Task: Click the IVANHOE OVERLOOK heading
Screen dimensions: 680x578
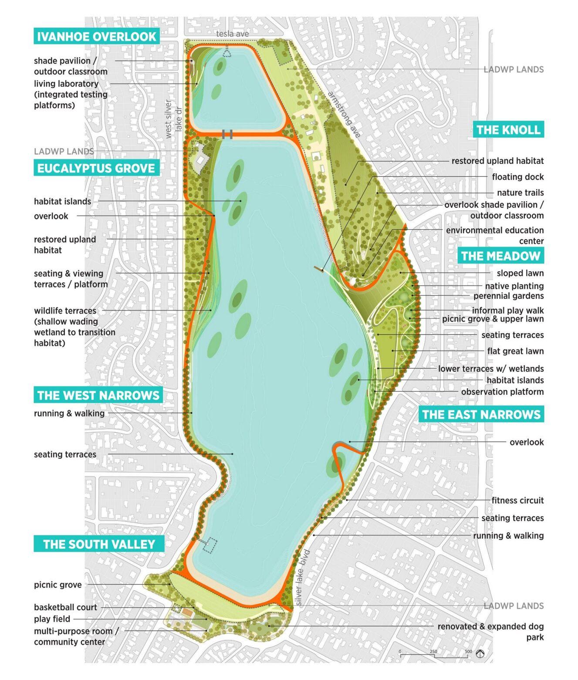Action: point(96,36)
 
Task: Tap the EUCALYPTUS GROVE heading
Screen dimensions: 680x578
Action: point(96,168)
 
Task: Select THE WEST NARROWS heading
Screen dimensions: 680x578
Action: point(98,395)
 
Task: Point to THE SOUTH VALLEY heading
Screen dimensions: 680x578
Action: point(99,544)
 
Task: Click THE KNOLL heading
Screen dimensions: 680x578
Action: point(508,129)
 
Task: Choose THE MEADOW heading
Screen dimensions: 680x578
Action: point(500,256)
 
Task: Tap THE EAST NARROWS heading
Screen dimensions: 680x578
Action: point(481,414)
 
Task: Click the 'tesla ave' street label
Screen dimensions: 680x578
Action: point(233,34)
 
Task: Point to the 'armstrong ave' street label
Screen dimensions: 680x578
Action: point(345,115)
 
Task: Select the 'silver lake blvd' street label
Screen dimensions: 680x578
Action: point(302,578)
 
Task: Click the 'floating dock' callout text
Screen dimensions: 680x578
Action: point(517,177)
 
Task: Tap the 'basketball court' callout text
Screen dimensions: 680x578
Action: point(65,607)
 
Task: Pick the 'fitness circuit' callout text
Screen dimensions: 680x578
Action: point(517,501)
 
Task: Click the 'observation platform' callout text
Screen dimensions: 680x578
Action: point(502,392)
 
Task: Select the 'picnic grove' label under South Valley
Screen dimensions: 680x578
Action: point(58,585)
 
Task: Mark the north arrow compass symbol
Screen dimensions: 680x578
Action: point(480,654)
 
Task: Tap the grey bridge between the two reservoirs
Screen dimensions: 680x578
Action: point(227,134)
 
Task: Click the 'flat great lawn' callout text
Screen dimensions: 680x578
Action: point(515,351)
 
